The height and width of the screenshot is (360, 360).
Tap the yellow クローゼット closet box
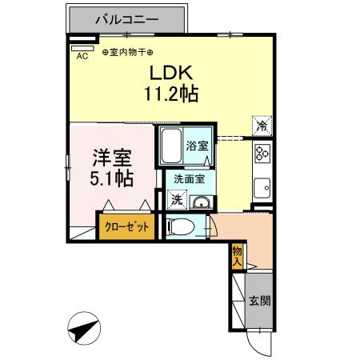pyautogui.click(x=126, y=226)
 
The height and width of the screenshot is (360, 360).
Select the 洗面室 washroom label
pyautogui.click(x=190, y=181)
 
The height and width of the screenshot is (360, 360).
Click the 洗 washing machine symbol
pyautogui.click(x=176, y=199)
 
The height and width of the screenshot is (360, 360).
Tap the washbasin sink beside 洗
pyautogui.click(x=201, y=202)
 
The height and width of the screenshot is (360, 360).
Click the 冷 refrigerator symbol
pyautogui.click(x=261, y=126)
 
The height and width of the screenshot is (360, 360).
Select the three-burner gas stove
pyautogui.click(x=262, y=153)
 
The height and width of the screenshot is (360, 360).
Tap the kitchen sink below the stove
pyautogui.click(x=262, y=189)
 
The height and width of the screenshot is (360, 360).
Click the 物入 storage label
pyautogui.click(x=238, y=256)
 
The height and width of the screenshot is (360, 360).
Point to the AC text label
pyautogui.click(x=82, y=56)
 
